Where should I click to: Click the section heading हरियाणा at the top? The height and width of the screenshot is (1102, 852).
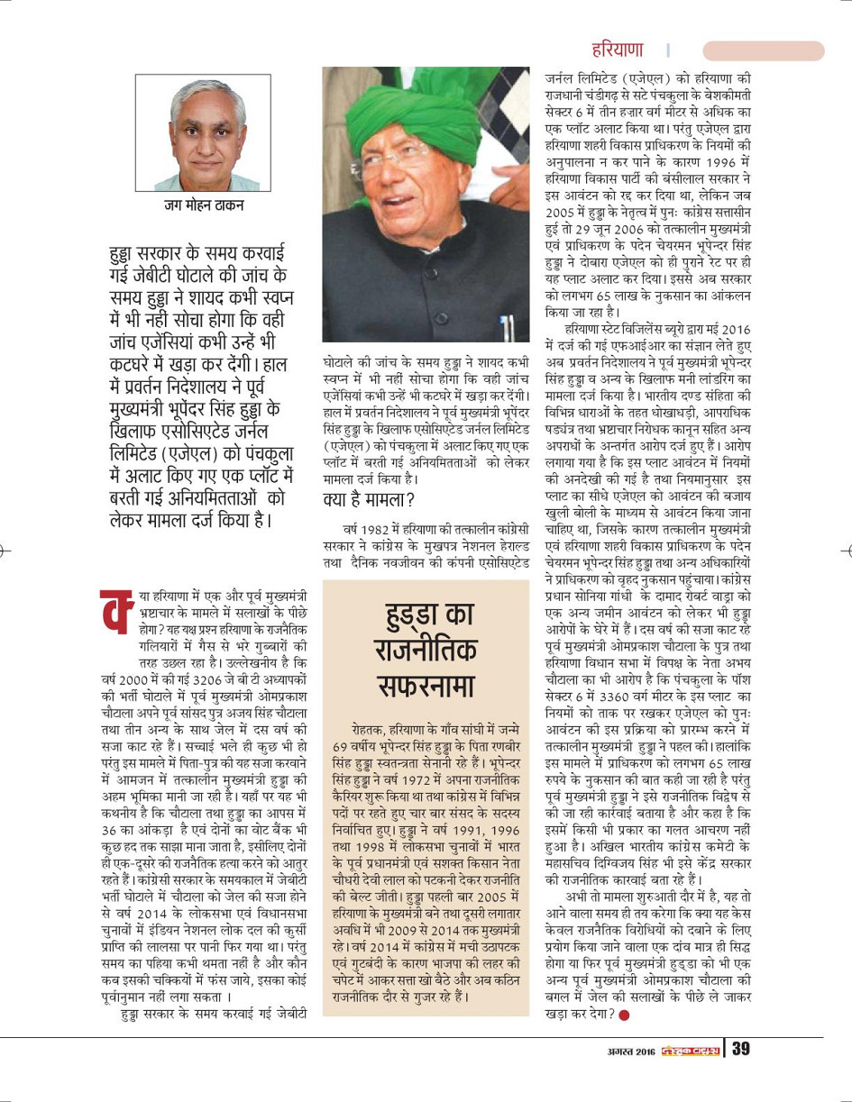click(x=618, y=50)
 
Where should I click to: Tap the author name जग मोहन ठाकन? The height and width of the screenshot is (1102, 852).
click(x=203, y=205)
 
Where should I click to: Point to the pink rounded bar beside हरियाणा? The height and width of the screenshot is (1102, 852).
click(x=763, y=50)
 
